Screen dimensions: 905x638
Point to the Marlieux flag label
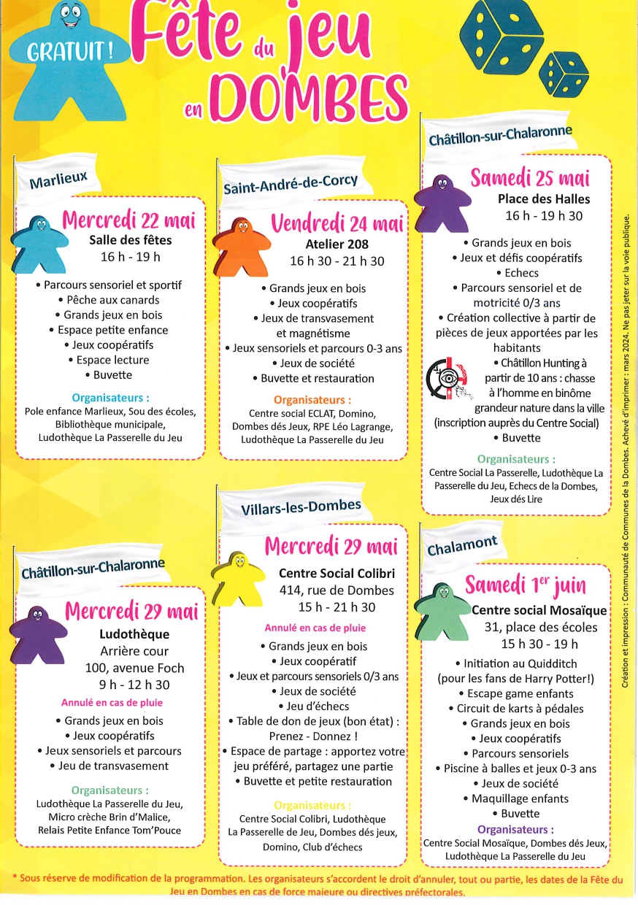click(58, 178)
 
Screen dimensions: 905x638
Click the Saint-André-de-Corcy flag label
click(291, 183)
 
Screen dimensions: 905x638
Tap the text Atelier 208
click(337, 244)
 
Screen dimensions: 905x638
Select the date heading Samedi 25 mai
click(530, 177)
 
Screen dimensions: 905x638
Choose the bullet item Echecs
click(517, 273)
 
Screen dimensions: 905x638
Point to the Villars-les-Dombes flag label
click(301, 505)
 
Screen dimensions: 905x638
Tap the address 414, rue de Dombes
click(337, 590)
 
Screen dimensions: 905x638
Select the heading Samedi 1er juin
click(526, 585)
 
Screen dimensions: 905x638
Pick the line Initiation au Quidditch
click(519, 663)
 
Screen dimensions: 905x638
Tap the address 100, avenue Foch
click(134, 668)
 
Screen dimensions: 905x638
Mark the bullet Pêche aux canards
click(109, 299)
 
